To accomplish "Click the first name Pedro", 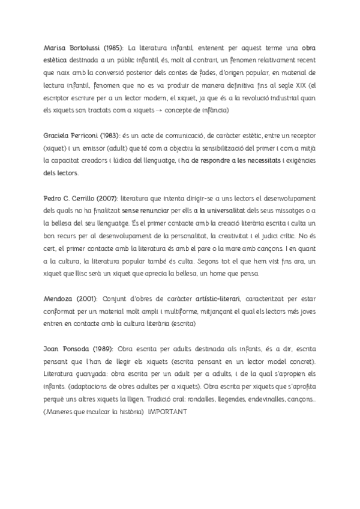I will pos(54,198).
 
